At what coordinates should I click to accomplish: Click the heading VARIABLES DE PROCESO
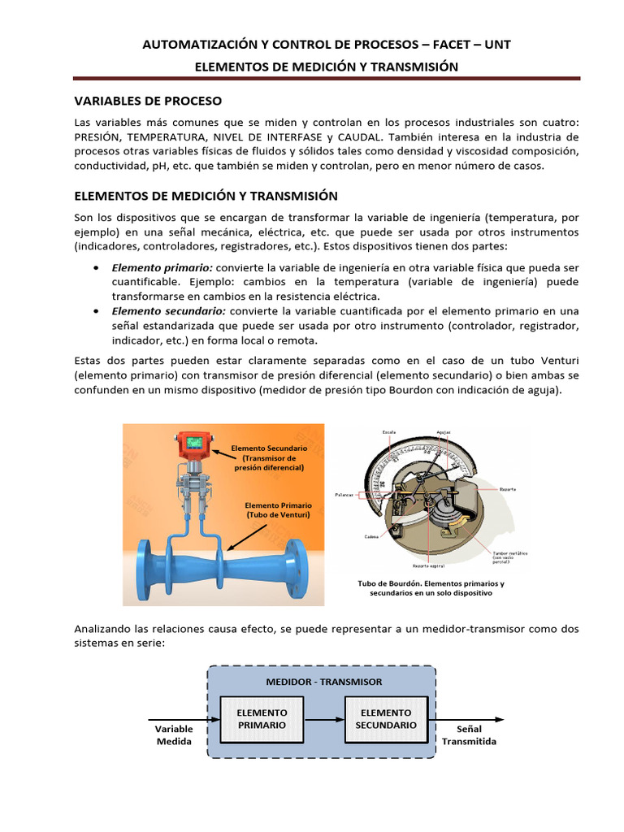point(147,101)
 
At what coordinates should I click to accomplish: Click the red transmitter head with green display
point(195,443)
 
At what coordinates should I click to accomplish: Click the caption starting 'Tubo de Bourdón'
point(431,588)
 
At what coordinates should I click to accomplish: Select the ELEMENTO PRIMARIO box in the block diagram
point(262,718)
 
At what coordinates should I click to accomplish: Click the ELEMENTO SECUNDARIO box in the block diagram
point(386,718)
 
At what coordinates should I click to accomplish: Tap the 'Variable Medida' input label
point(174,735)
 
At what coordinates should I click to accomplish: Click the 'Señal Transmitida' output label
point(469,735)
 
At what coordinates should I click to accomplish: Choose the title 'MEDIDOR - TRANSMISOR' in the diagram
point(323,682)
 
